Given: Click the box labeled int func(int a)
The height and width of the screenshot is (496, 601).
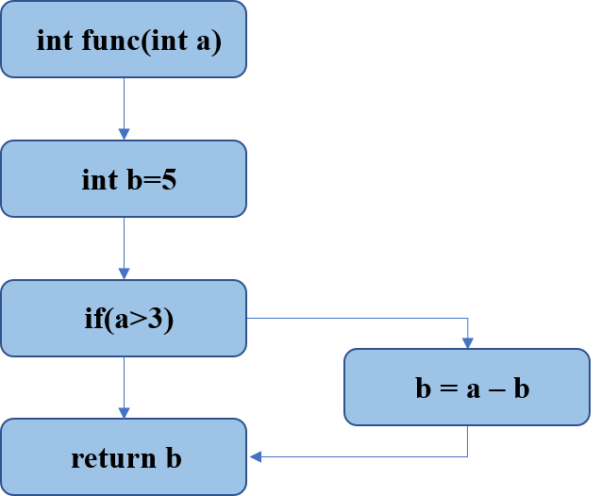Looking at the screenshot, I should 124,40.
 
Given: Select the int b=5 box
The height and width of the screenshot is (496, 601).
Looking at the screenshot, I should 124,179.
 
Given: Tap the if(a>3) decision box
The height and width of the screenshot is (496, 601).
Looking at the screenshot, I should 124,318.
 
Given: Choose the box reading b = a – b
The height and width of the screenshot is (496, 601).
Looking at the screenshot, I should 467,388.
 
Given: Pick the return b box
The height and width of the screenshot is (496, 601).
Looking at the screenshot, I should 124,457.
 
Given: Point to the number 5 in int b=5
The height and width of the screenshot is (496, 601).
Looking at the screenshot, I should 169,179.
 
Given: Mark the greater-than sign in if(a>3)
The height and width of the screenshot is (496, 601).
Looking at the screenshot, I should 139,320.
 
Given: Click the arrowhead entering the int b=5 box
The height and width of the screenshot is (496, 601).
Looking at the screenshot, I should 124,135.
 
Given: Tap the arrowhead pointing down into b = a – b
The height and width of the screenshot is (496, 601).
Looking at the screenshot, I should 467,343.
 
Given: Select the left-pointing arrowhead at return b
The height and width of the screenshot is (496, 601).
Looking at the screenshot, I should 255,457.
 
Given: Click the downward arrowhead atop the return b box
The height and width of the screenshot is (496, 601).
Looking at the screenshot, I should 124,413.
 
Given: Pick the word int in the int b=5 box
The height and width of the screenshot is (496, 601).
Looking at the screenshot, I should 99,179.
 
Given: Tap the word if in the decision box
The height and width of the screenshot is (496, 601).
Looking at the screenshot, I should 92,319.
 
